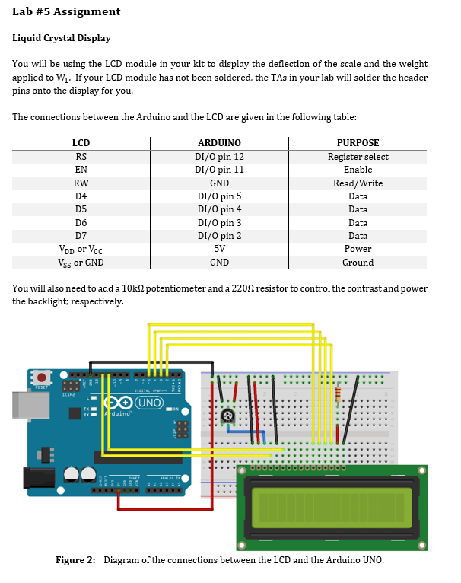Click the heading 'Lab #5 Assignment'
coord(66,11)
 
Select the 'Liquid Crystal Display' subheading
coord(62,38)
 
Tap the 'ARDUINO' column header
coord(219,143)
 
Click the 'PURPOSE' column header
coord(358,143)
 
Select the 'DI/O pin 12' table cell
coord(219,157)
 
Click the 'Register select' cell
coord(358,157)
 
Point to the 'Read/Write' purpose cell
coord(358,183)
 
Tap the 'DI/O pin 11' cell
coord(219,170)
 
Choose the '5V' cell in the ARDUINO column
coord(219,249)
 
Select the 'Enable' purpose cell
coord(358,170)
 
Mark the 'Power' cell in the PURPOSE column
coord(358,249)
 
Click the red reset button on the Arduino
coord(42,378)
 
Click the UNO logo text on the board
coord(149,402)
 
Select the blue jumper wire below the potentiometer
coord(245,432)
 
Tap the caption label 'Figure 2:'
coord(76,561)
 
